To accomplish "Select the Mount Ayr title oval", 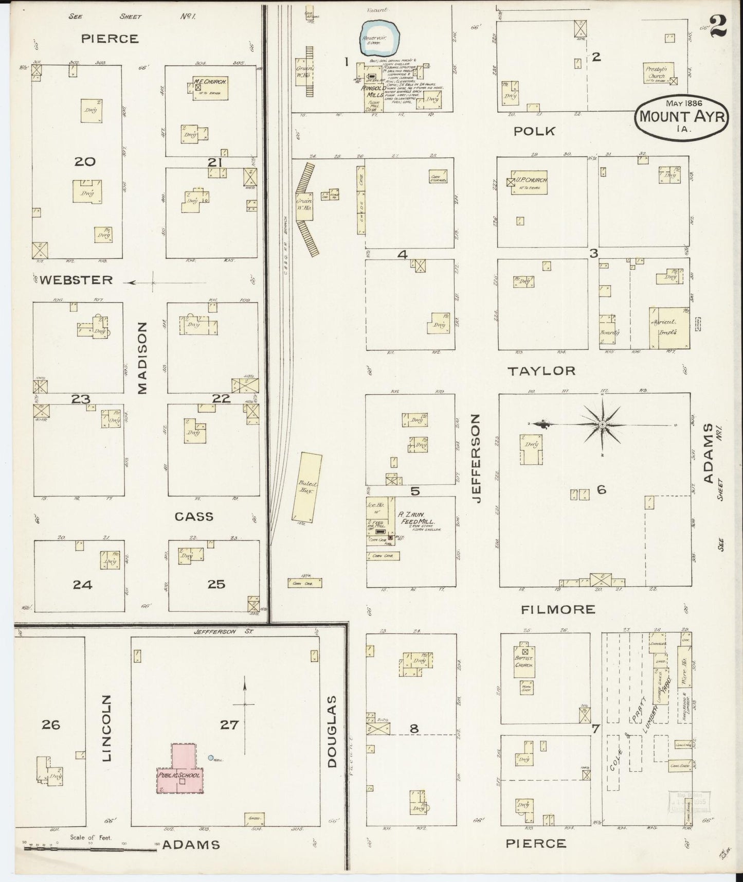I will click(681, 116).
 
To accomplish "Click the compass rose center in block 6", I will click(602, 424).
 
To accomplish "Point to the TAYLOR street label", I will click(541, 371).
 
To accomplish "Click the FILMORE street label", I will click(557, 610).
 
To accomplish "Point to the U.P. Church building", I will click(528, 182).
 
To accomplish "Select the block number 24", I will click(82, 585).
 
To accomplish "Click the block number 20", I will click(85, 162).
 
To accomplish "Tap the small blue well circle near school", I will click(211, 757).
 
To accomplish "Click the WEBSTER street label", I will click(76, 280).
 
